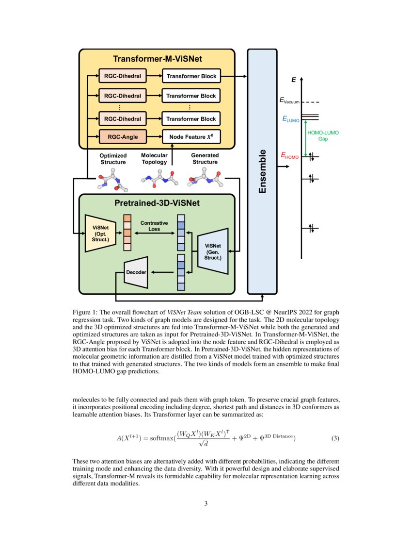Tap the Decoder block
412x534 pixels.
pyautogui.click(x=136, y=272)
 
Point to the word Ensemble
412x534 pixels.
pyautogui.click(x=262, y=172)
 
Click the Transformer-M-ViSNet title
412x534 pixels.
pyautogui.click(x=157, y=59)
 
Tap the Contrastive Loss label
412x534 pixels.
pyautogui.click(x=154, y=226)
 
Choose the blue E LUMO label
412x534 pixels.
pyautogui.click(x=291, y=118)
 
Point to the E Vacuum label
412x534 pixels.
pyautogui.click(x=289, y=101)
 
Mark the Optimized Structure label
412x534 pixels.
pyautogui.click(x=113, y=159)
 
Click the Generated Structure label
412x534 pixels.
pyautogui.click(x=205, y=159)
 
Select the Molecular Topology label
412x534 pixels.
pyautogui.click(x=154, y=159)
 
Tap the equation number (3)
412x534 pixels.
pyautogui.click(x=335, y=438)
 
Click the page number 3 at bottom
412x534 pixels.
pyautogui.click(x=206, y=503)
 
